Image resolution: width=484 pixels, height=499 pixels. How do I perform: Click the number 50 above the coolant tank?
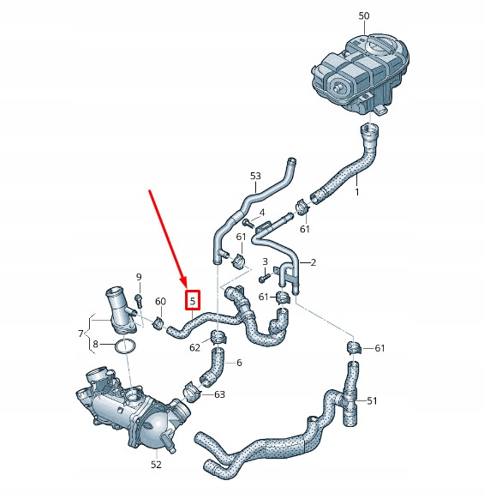364,15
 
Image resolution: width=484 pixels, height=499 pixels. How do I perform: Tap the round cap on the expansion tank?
380,45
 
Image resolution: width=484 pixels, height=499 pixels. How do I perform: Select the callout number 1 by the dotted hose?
357,192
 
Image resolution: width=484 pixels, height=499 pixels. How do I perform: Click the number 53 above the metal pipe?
255,176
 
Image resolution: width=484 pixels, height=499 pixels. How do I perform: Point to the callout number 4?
262,213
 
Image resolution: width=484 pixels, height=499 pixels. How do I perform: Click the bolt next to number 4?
248,223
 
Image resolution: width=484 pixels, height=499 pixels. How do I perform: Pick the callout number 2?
314,262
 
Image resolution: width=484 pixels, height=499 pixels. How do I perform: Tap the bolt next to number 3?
264,279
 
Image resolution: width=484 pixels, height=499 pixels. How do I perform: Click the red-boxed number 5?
193,300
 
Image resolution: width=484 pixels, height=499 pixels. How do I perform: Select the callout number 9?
139,277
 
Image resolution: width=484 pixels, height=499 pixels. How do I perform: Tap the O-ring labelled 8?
126,347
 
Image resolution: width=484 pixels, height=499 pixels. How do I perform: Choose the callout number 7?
81,334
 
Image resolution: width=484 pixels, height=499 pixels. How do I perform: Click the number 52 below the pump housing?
156,465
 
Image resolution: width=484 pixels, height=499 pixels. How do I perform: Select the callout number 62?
194,347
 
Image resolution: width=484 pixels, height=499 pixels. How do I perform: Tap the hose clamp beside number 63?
191,391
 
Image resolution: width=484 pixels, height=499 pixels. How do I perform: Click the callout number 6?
239,363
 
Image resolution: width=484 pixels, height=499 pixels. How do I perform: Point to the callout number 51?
372,401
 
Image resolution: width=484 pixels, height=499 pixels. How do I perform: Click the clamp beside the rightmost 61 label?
354,347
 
